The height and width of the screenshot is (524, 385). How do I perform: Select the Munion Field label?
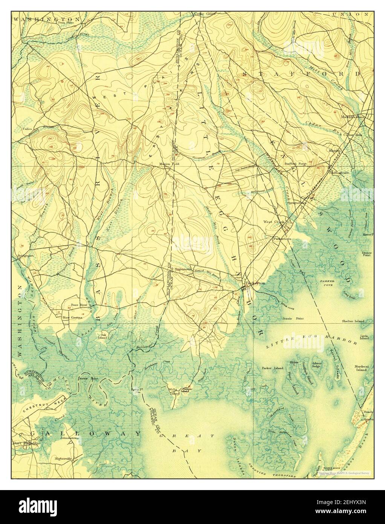point(169,164)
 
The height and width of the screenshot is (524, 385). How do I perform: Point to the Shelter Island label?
point(353,321)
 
